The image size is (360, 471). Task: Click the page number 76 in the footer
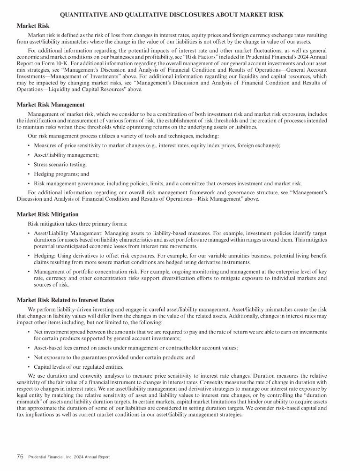[x=20, y=456]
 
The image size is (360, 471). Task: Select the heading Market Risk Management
[x=50, y=105]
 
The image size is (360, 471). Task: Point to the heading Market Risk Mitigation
[x=48, y=214]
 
